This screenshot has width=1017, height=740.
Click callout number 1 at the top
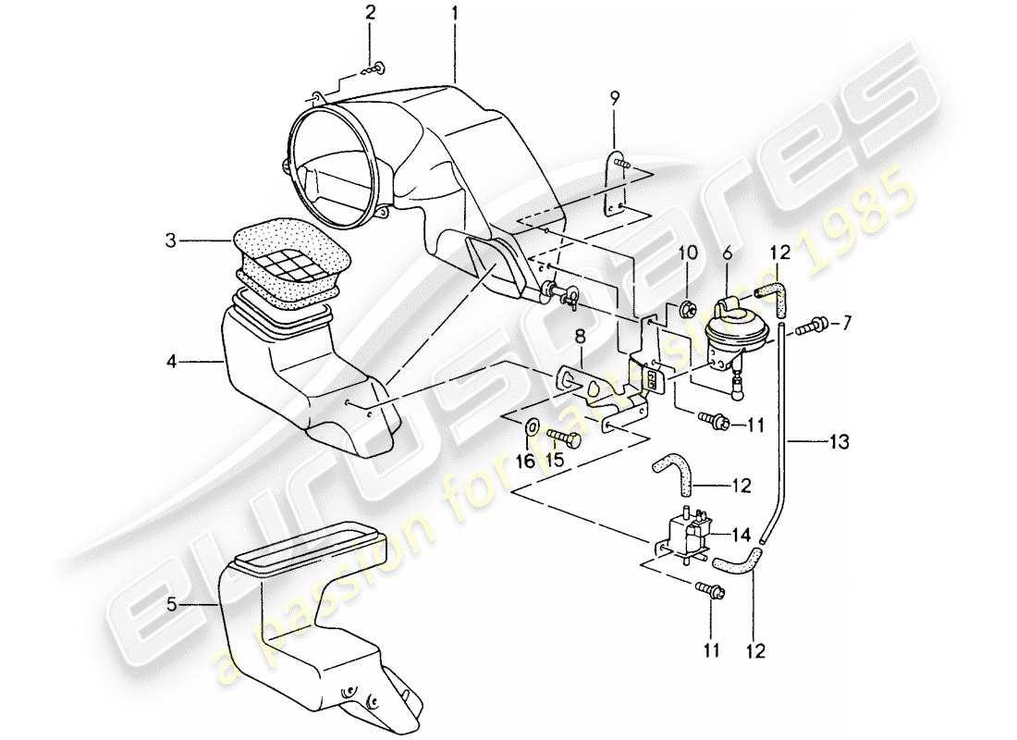click(455, 15)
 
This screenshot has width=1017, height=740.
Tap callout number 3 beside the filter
click(171, 240)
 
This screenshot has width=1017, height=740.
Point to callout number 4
click(171, 364)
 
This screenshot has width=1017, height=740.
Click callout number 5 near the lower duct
click(171, 606)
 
